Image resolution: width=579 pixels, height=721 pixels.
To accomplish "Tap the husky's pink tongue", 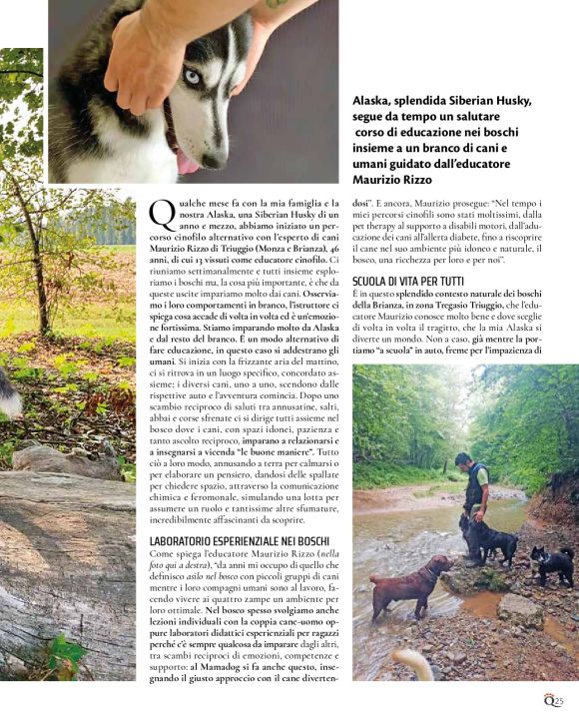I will coord(187,163).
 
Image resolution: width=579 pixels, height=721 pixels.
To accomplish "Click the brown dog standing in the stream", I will coord(410,583).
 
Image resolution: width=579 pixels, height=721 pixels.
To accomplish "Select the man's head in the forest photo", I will coord(464,462).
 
